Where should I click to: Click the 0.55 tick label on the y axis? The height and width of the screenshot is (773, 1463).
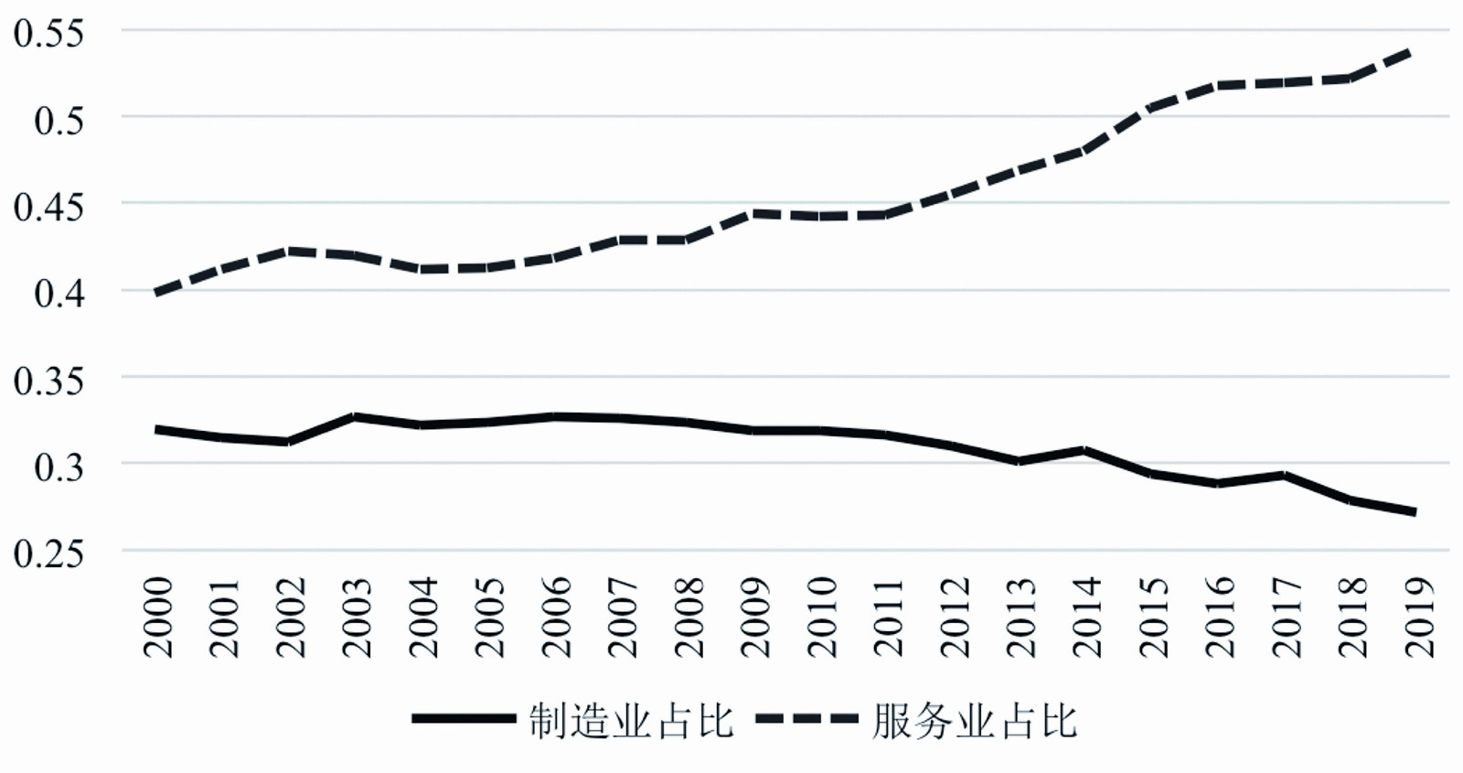point(48,33)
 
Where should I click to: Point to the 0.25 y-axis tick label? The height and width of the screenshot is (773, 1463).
point(48,553)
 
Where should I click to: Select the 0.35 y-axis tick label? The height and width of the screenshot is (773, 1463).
point(48,380)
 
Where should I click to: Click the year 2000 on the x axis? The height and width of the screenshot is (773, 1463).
point(158,617)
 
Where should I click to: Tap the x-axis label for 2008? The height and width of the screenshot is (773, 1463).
point(689,617)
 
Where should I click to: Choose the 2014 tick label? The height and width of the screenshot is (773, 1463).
point(1085,617)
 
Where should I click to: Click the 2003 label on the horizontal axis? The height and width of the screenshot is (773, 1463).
point(357,617)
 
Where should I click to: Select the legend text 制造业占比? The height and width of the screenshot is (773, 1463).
point(631,722)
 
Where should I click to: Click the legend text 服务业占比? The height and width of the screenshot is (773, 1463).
point(975,722)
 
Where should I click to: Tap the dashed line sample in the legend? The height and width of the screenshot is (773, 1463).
point(807,719)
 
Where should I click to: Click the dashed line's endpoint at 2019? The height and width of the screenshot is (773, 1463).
point(1415,52)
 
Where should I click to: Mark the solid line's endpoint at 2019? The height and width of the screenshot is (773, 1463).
point(1415,512)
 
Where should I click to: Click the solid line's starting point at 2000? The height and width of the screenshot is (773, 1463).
point(158,429)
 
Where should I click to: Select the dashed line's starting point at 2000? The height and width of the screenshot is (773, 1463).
point(158,293)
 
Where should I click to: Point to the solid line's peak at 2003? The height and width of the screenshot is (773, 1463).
point(356,416)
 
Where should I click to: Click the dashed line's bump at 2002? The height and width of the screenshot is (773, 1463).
point(290,251)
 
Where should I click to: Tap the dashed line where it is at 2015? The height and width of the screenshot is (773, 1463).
point(1151,107)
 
